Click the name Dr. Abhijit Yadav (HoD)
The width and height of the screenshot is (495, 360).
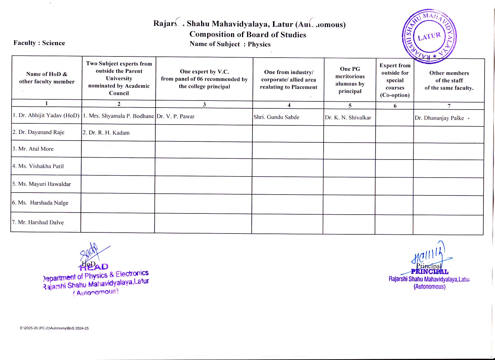[x=46, y=115]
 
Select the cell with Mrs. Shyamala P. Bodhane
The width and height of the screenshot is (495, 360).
[x=118, y=116]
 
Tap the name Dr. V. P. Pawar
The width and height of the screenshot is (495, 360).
[x=175, y=116]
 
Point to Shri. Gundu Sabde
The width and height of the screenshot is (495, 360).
[x=276, y=117]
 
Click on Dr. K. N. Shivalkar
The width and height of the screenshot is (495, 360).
[x=348, y=118]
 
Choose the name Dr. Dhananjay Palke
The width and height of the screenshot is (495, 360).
[x=439, y=118]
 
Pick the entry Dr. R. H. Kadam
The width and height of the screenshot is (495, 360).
[x=106, y=133]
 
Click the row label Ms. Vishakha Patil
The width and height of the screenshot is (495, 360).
[x=38, y=166]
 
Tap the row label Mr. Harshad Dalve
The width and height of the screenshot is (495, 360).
[x=38, y=222]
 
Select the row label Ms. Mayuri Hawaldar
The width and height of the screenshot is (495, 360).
[x=42, y=184]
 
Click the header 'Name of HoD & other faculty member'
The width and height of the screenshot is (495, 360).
[x=47, y=78]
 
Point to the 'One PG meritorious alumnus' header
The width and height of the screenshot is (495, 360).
[x=350, y=80]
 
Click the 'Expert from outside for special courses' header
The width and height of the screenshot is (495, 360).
[x=395, y=80]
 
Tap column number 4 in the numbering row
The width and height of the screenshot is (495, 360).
[x=289, y=105]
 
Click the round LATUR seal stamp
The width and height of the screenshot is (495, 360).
[x=429, y=36]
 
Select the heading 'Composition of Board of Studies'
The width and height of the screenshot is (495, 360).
[x=248, y=34]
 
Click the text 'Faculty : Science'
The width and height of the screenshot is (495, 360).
[x=39, y=43]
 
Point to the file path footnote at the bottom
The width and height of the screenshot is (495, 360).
[x=54, y=328]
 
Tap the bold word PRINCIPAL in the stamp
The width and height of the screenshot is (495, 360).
[x=429, y=272]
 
